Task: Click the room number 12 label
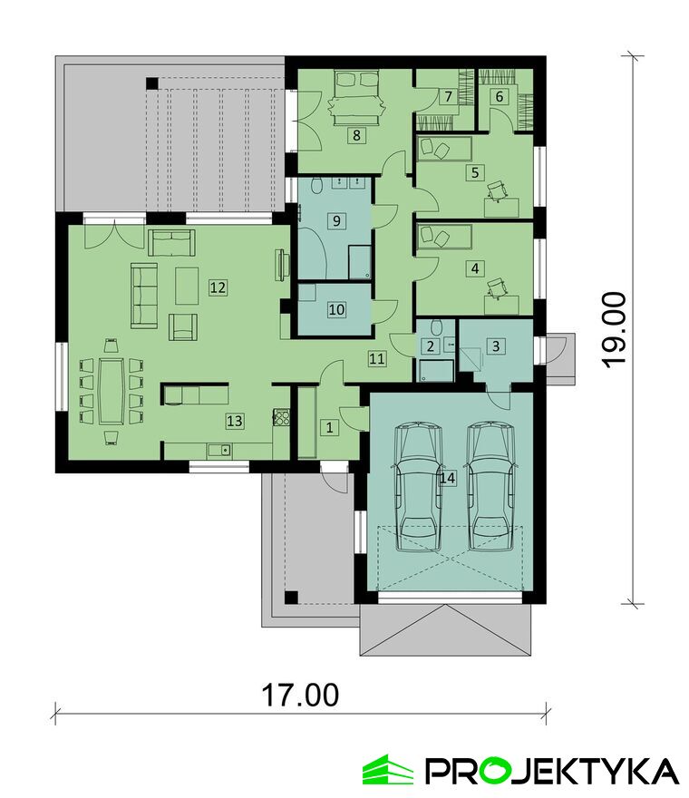(x=218, y=287)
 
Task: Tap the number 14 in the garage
(x=447, y=478)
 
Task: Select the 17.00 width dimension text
(x=300, y=696)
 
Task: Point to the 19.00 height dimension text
(x=612, y=328)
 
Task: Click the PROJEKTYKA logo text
(x=551, y=771)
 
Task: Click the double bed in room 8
(x=356, y=97)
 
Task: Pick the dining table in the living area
(x=112, y=391)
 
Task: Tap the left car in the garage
(x=419, y=486)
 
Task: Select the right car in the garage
(x=490, y=486)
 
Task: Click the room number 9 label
(x=335, y=221)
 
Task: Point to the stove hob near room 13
(x=282, y=417)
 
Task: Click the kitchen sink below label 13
(x=219, y=451)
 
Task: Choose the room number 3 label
(x=496, y=346)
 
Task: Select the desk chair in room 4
(x=497, y=287)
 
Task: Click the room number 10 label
(x=336, y=309)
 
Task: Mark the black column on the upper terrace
(x=151, y=83)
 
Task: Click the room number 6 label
(x=499, y=96)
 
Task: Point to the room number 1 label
(x=329, y=427)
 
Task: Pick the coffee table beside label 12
(x=187, y=286)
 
